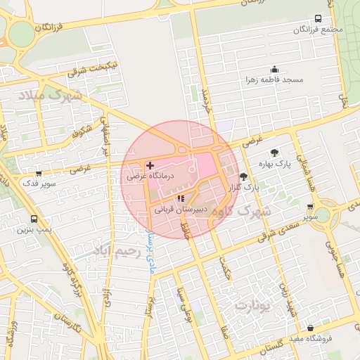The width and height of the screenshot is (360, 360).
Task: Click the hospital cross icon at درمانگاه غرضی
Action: click(x=150, y=165)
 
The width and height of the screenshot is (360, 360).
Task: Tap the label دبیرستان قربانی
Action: click(x=180, y=210)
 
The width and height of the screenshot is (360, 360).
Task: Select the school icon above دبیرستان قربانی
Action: click(x=181, y=199)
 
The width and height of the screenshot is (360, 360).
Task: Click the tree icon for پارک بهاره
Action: click(x=274, y=153)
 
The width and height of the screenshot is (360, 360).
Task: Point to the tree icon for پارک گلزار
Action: click(x=244, y=176)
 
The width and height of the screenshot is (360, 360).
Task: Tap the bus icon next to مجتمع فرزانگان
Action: click(x=318, y=19)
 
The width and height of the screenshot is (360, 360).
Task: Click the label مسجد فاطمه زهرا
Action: click(x=274, y=79)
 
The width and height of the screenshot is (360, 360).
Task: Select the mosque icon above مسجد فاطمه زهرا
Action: click(x=274, y=69)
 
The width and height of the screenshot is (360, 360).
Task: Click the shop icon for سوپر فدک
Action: click(x=38, y=173)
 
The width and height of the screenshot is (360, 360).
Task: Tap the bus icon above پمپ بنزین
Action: click(x=34, y=219)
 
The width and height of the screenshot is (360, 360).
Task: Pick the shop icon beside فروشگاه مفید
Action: click(x=310, y=328)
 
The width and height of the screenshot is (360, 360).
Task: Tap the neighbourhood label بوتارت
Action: click(x=252, y=306)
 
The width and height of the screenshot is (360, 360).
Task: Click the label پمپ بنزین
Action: click(x=35, y=230)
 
